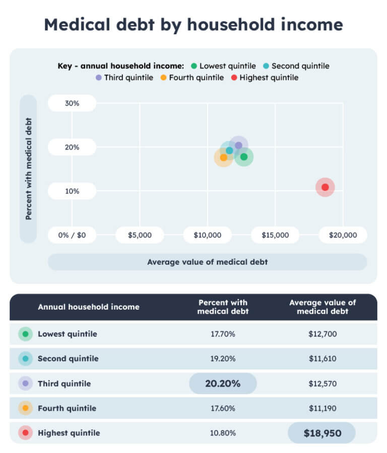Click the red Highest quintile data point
[325, 187]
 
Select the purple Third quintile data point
[238, 145]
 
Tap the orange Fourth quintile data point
[224, 157]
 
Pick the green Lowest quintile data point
[244, 157]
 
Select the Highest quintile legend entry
[264, 78]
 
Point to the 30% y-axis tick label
[72, 103]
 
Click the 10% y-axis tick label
[72, 191]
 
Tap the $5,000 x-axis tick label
[140, 235]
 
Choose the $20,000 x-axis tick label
[343, 235]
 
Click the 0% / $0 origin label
[72, 235]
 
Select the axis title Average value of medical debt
[207, 262]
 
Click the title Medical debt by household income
[193, 24]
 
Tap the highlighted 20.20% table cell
[223, 384]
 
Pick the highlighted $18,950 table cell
[321, 433]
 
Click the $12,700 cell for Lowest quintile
[322, 334]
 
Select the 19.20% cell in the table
[223, 359]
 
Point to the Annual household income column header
[89, 307]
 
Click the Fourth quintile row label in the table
[64, 408]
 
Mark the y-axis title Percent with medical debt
[29, 169]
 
